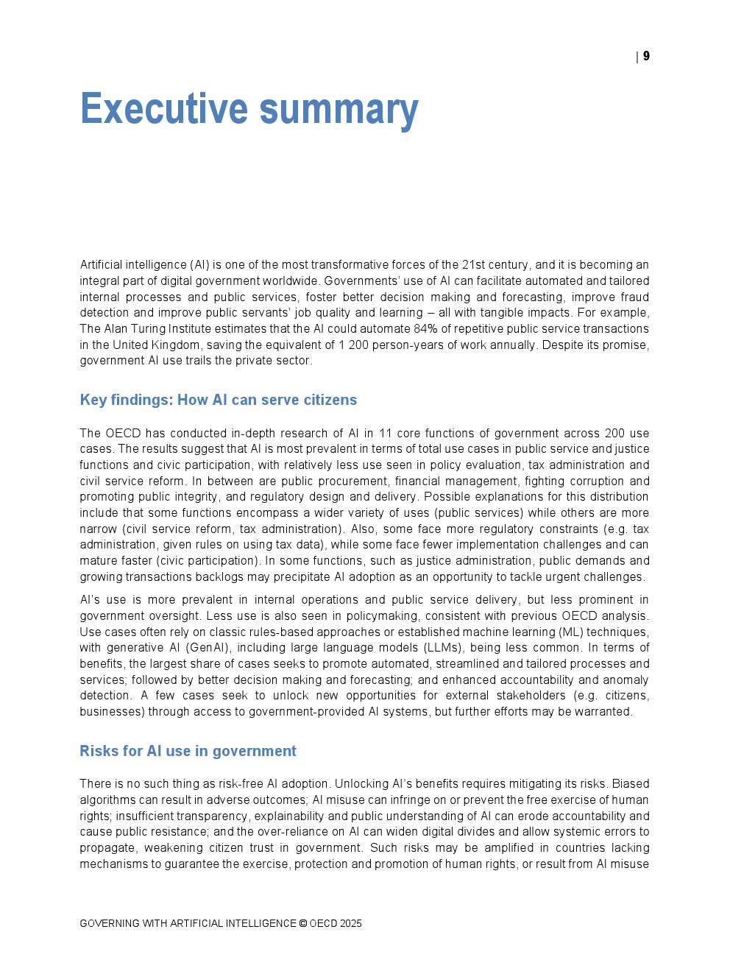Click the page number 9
coord(646,56)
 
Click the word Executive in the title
coord(163,109)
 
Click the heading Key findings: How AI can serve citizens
coord(218,400)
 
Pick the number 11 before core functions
coord(385,433)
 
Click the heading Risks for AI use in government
coord(188,751)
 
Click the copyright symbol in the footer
coord(302,923)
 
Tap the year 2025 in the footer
coord(351,923)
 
